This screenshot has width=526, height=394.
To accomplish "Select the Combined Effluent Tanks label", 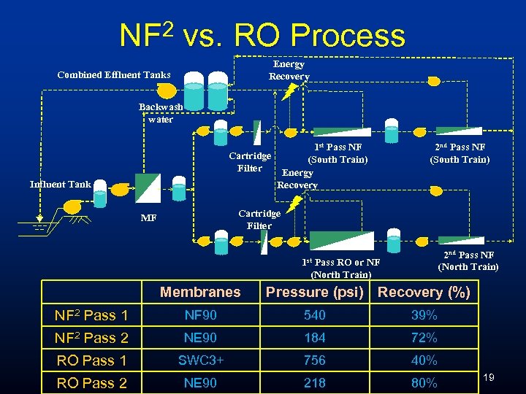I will click(113, 74).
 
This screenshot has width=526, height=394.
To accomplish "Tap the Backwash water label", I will click(161, 113).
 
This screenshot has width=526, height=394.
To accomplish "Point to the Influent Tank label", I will click(61, 184).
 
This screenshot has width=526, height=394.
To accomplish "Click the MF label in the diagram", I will click(149, 217).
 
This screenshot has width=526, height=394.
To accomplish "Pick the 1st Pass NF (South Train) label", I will click(338, 153).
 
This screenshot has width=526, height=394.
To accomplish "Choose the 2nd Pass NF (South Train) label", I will click(460, 153).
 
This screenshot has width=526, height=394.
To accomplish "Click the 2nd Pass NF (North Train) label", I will click(468, 260).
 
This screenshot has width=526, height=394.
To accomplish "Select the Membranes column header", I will click(199, 292).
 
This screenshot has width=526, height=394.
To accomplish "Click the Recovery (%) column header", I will click(424, 293).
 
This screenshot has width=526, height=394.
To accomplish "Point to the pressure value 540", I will click(314, 315).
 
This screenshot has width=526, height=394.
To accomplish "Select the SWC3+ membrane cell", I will click(199, 360).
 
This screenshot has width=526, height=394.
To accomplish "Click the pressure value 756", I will click(314, 360).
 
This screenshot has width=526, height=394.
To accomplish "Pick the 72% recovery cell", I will click(424, 338).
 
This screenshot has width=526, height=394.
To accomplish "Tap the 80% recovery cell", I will click(424, 383).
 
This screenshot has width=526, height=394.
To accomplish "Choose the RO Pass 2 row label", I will click(91, 383).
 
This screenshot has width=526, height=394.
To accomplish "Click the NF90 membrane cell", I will click(199, 315).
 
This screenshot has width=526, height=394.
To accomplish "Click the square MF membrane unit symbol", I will click(148, 188).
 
